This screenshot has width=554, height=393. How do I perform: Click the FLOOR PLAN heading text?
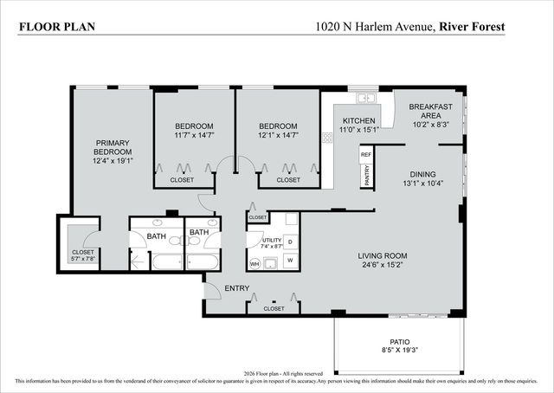click(x=56, y=27)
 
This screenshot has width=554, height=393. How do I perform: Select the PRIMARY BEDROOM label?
click(x=113, y=146)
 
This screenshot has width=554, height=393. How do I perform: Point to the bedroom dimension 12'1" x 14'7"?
click(x=278, y=134)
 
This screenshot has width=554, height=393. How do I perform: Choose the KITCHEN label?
click(x=358, y=120)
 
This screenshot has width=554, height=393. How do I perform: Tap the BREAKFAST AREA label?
click(x=430, y=110)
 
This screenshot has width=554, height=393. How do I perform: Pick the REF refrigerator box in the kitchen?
click(x=366, y=154)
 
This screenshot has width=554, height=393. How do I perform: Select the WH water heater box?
click(x=254, y=263)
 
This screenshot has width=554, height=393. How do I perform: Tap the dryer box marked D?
click(x=289, y=242)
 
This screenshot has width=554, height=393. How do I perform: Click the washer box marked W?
click(x=289, y=260)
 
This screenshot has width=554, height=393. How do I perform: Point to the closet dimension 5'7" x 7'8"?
click(x=83, y=258)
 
